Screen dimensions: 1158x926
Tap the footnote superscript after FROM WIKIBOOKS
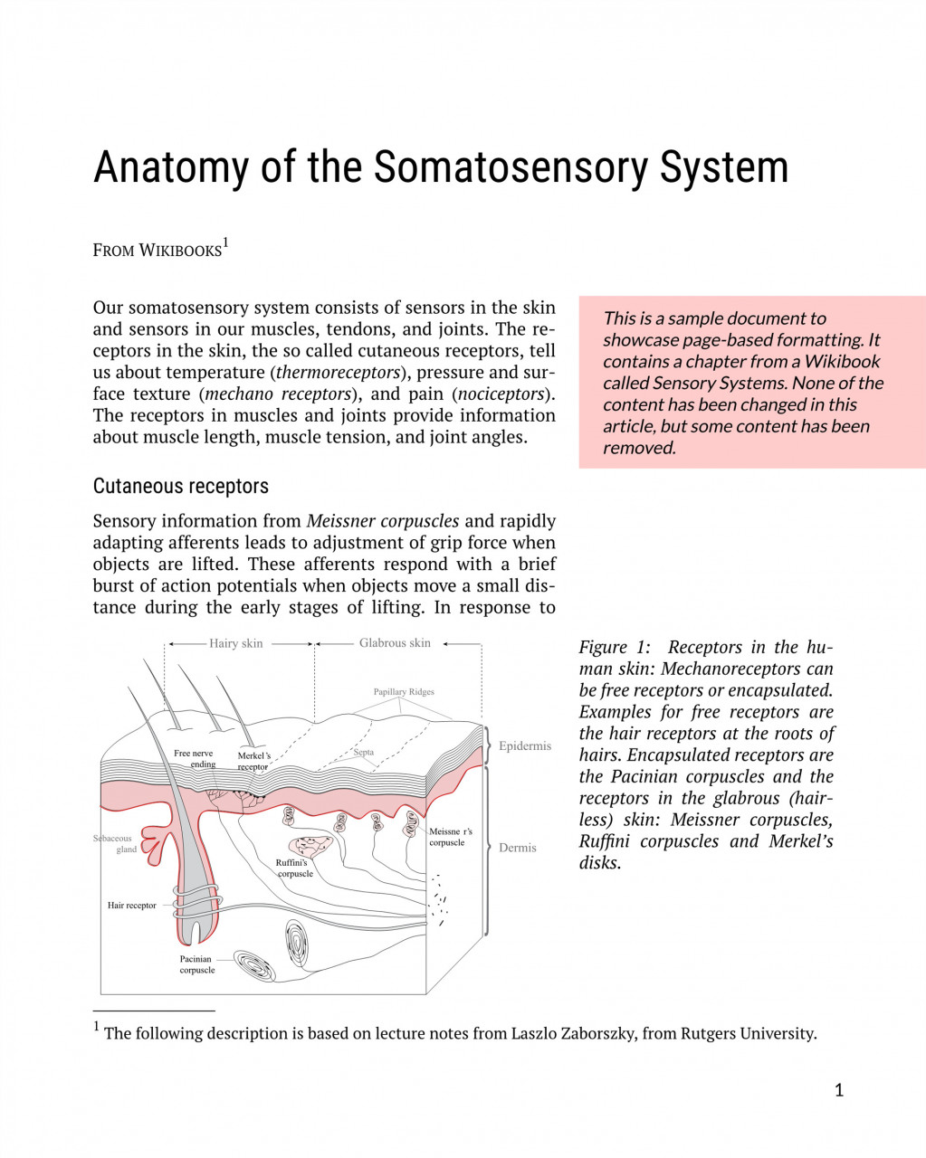click(x=225, y=243)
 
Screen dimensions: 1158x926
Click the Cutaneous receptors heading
click(x=181, y=486)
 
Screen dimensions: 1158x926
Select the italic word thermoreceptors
click(x=338, y=372)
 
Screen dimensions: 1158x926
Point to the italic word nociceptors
click(x=503, y=394)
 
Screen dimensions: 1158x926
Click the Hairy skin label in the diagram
click(x=235, y=643)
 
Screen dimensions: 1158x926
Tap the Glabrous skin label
click(x=395, y=643)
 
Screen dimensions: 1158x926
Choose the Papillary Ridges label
click(x=404, y=692)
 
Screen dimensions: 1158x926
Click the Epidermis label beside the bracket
click(x=525, y=746)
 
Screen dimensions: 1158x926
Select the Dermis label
click(x=518, y=848)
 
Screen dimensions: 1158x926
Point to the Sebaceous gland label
click(x=116, y=843)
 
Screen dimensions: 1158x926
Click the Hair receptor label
click(x=132, y=905)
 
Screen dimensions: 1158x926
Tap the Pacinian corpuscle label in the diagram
click(x=196, y=964)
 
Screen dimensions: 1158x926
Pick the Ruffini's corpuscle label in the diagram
click(x=293, y=868)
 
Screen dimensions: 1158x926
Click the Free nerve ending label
click(x=196, y=758)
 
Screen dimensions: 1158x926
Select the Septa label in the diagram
click(x=364, y=752)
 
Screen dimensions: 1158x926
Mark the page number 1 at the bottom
click(x=839, y=1090)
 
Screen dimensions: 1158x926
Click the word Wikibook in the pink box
click(x=843, y=361)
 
